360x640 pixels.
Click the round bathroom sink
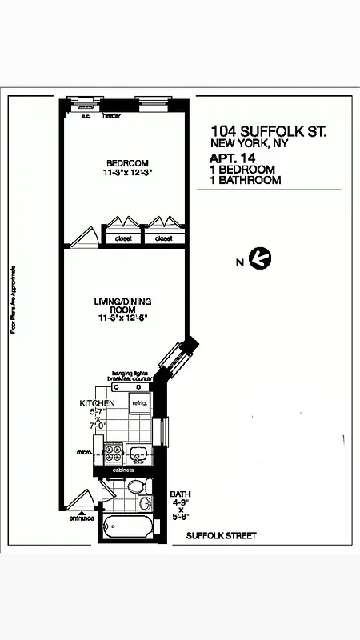146,504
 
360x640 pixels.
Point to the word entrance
81,518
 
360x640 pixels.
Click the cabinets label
124,470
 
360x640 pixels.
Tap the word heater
111,116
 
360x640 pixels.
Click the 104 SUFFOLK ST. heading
269,130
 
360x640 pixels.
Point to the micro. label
85,454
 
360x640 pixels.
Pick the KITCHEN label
97,402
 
